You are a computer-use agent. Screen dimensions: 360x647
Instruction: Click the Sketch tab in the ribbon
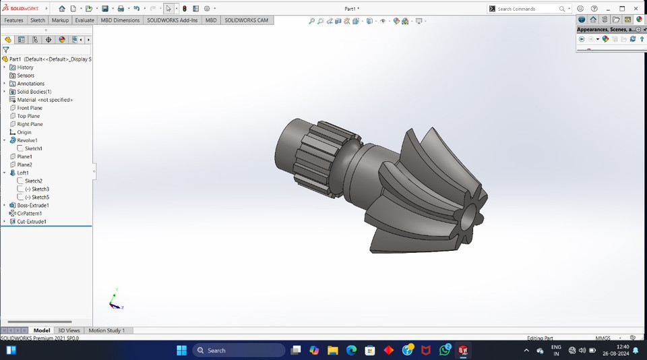click(x=38, y=20)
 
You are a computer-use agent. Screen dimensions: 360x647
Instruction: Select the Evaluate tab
click(x=84, y=20)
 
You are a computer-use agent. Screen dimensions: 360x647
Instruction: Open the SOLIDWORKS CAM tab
click(x=246, y=20)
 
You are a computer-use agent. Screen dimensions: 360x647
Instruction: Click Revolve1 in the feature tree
click(x=27, y=140)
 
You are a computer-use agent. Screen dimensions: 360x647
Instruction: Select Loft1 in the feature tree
click(x=23, y=173)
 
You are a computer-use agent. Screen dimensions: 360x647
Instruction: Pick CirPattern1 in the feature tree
click(x=30, y=213)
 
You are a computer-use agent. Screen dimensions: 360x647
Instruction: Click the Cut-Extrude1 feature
click(x=31, y=221)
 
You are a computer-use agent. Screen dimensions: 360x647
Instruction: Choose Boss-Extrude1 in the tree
click(x=32, y=205)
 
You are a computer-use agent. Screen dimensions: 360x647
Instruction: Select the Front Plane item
click(x=30, y=108)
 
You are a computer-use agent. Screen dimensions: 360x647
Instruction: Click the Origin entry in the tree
click(x=24, y=132)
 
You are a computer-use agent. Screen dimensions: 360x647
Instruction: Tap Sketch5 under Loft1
click(x=40, y=197)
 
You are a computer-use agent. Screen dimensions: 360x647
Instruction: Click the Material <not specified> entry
click(x=44, y=100)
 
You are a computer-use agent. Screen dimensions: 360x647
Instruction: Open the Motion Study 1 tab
click(x=106, y=330)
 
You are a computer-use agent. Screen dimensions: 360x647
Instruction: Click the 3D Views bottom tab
click(x=69, y=330)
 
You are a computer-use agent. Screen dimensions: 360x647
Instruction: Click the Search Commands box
click(x=526, y=9)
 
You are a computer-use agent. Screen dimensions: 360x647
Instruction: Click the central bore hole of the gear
click(x=468, y=218)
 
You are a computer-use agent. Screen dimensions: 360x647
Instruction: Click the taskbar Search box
click(x=239, y=350)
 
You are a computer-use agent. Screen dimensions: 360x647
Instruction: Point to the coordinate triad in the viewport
click(x=115, y=301)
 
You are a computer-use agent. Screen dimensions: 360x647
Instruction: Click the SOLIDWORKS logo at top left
click(x=24, y=9)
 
